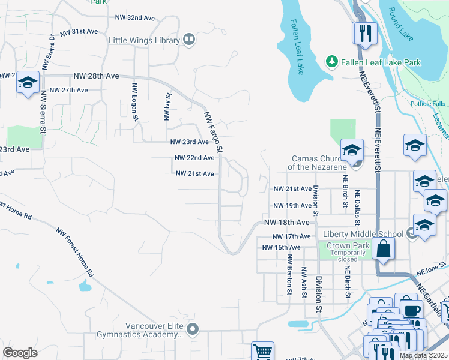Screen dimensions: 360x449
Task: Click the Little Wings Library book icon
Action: [189, 40]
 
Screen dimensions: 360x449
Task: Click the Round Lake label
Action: [400, 24]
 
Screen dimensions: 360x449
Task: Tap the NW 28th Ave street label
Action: [96, 76]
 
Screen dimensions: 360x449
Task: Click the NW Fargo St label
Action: [214, 131]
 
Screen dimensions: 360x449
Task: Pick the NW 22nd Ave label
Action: [194, 158]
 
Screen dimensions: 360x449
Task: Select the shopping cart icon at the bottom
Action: [262, 351]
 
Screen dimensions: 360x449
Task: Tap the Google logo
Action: [20, 353]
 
